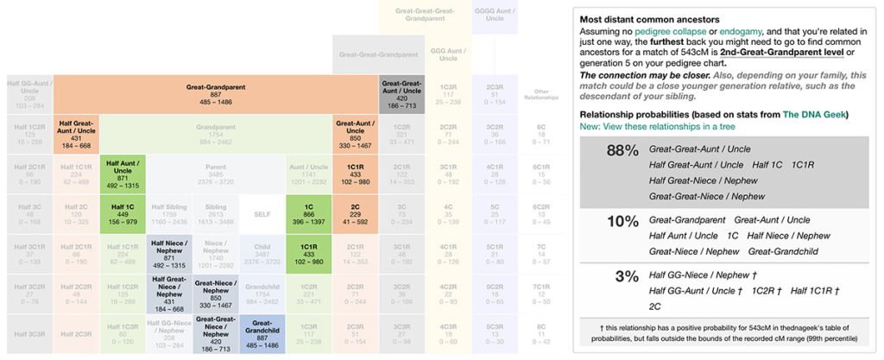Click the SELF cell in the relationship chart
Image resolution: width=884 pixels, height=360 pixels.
point(262,214)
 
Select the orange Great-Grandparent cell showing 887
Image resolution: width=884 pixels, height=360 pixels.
point(215,95)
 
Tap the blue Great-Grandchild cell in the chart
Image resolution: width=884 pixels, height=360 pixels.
point(262,333)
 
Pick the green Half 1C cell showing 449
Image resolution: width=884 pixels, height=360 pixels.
point(122,214)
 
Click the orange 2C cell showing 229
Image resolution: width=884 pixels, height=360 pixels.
point(355,214)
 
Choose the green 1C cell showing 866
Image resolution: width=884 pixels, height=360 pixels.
point(308,214)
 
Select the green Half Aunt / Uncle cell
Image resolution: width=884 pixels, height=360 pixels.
point(122,174)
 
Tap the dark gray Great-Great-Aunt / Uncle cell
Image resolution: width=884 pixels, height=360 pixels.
point(401,95)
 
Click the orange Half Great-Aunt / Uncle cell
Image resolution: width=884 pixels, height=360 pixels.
point(75,135)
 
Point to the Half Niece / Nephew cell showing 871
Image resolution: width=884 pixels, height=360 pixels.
point(168,254)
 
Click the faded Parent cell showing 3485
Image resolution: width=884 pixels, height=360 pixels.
point(215,174)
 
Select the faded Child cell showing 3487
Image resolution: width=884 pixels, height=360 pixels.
point(262,254)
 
